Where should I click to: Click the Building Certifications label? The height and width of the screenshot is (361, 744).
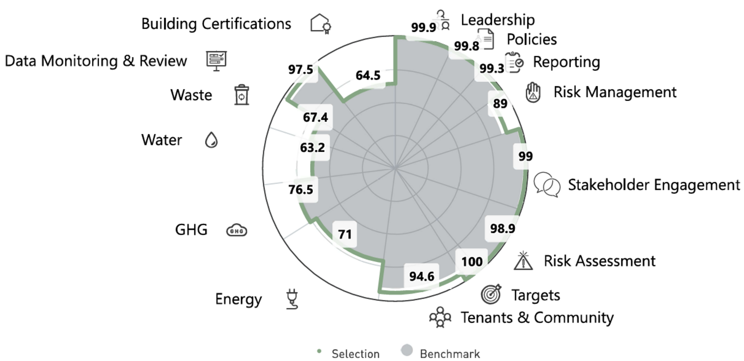point(216,24)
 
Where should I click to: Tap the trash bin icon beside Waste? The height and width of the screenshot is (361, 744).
point(241,95)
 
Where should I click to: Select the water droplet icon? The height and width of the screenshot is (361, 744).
point(211,140)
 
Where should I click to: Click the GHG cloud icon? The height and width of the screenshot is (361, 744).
point(236,230)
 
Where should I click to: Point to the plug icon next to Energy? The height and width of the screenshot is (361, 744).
point(292,299)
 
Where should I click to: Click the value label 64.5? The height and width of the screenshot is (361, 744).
point(368,75)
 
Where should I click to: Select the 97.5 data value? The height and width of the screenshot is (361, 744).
point(301,70)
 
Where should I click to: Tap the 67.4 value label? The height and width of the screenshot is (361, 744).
point(315,117)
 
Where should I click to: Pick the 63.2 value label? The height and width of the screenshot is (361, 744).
point(313,148)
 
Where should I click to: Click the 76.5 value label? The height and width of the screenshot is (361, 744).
point(301,190)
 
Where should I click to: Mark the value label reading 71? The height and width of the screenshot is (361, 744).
point(345,234)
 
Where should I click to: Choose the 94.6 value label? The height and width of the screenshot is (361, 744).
point(422,276)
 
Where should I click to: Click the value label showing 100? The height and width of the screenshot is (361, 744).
point(472,262)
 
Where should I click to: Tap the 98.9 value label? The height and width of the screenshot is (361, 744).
point(503,229)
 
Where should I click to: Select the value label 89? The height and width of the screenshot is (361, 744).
point(500,104)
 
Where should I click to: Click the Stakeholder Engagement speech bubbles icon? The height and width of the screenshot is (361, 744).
point(547,185)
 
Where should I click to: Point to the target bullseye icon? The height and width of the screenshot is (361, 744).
point(491,294)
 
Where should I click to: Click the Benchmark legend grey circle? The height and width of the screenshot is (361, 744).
point(407,350)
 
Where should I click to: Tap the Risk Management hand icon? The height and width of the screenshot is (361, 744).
point(533,93)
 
